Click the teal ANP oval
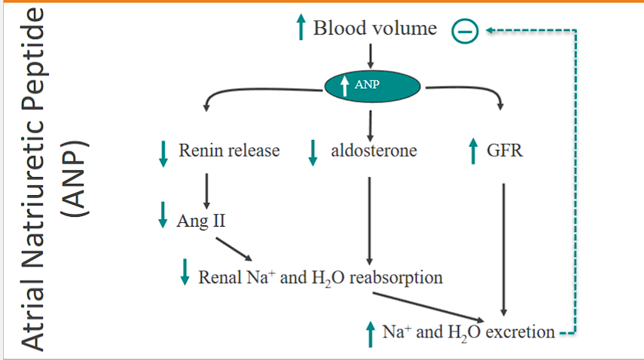[371, 87]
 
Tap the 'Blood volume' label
[375, 29]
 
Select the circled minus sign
[465, 31]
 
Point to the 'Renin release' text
[229, 151]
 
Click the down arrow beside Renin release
[162, 151]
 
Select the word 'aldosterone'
[374, 151]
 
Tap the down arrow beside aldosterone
[313, 151]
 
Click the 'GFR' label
[505, 151]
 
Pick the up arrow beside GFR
[473, 151]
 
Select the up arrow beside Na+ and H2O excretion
[369, 332]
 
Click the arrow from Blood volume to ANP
[371, 55]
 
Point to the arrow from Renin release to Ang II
[206, 186]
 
